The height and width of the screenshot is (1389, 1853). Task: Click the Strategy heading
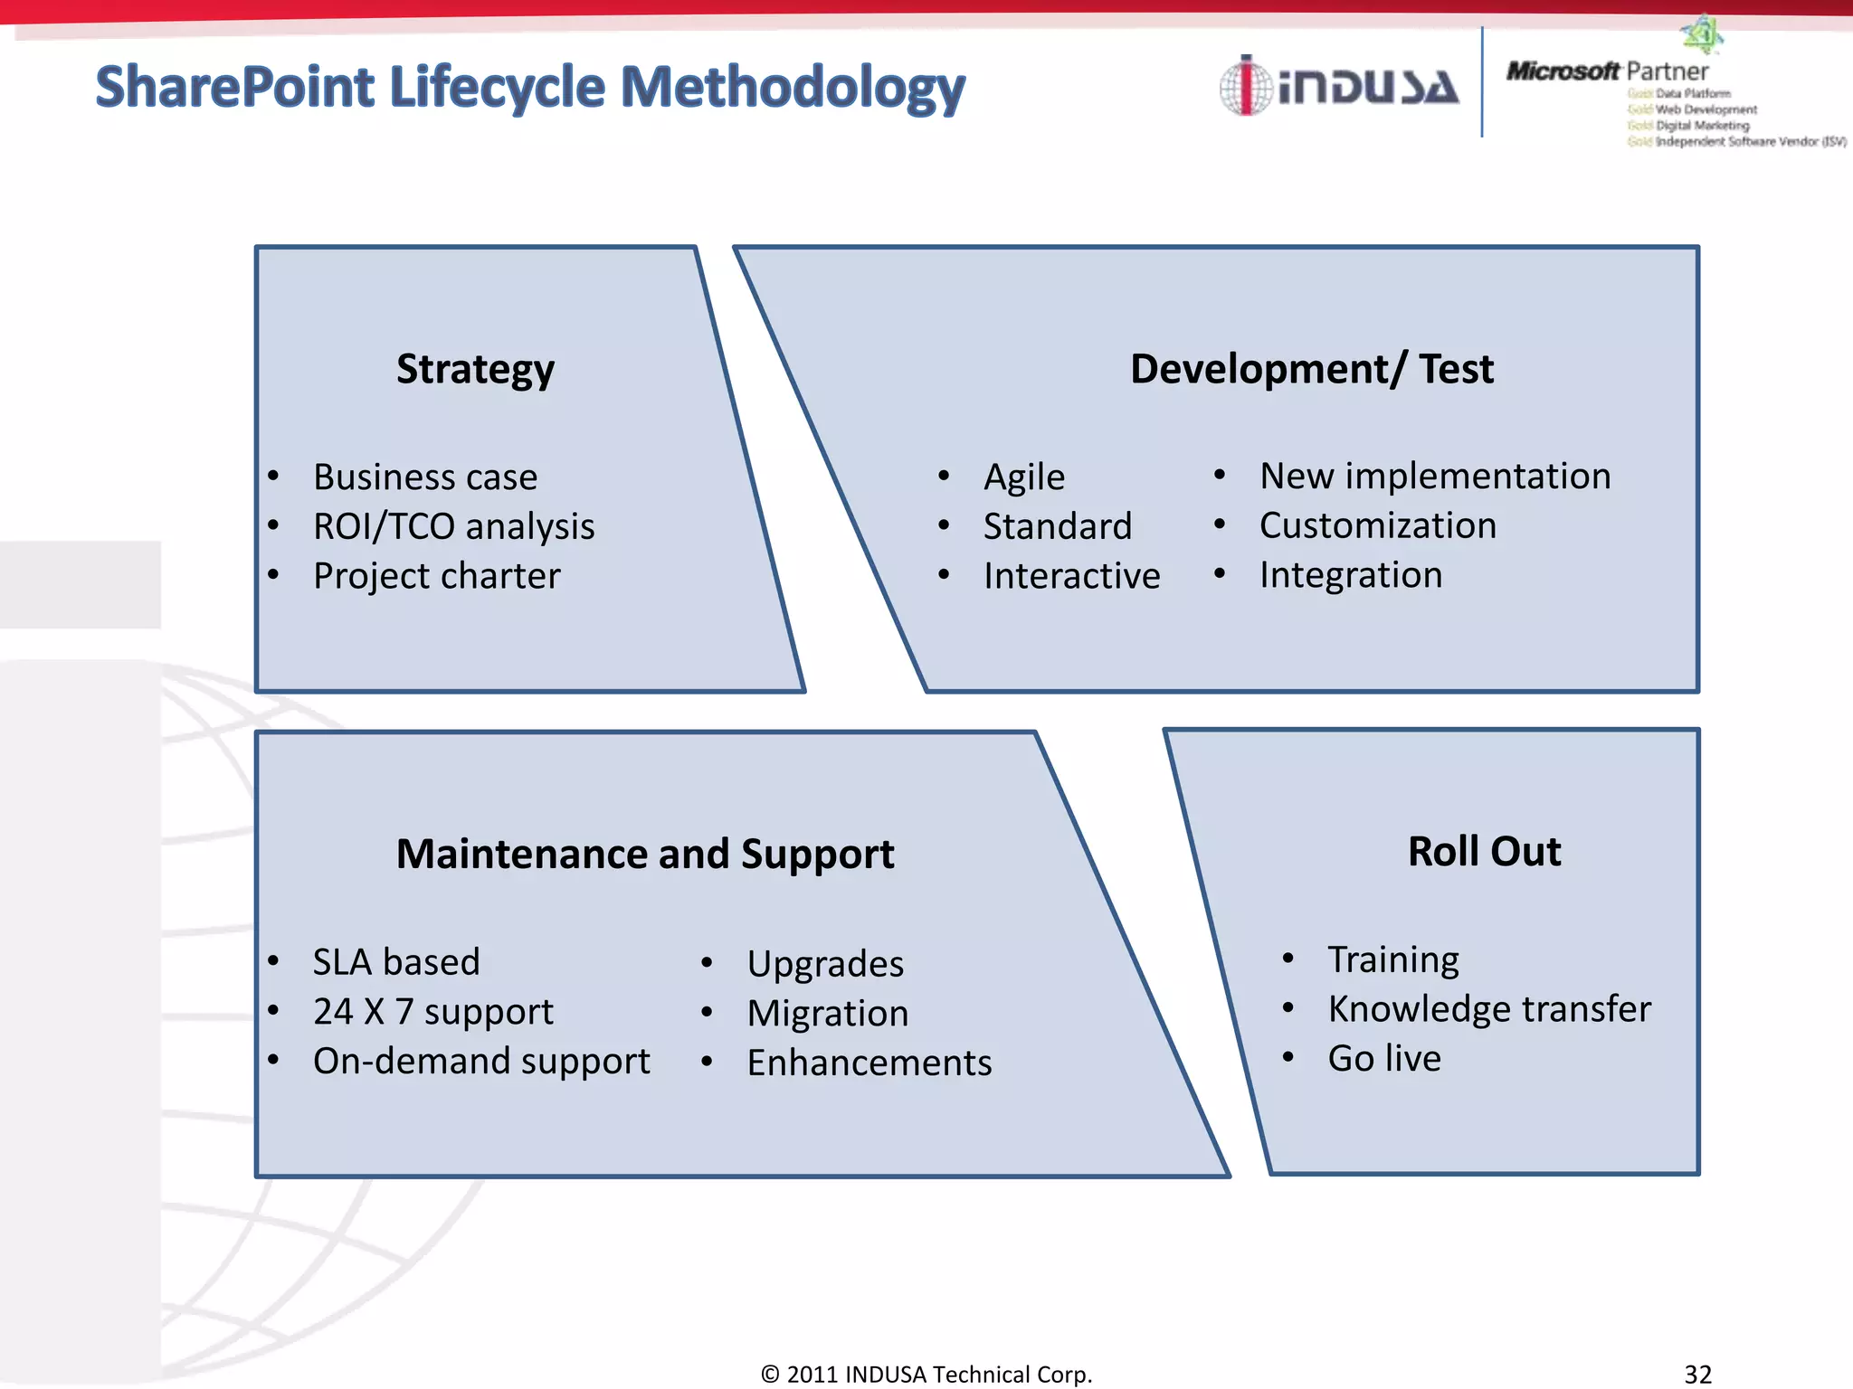475,369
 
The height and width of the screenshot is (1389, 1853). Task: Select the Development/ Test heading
1311,369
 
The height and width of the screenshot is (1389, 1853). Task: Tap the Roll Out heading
1484,851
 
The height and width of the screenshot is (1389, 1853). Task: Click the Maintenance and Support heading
645,854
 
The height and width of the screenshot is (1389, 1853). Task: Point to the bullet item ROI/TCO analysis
453,526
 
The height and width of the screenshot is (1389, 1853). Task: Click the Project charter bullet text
436,576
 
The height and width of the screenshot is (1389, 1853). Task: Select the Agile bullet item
1023,477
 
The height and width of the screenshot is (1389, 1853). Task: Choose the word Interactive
1071,576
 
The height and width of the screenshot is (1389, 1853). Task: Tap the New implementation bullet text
1434,476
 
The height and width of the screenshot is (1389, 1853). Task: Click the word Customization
1377,525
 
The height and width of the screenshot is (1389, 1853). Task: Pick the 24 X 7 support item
432,1011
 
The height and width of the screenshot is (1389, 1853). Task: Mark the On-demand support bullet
481,1061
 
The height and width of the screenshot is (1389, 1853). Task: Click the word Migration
827,1013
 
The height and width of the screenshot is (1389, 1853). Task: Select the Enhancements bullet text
869,1063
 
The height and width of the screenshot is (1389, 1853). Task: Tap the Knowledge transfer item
1488,1008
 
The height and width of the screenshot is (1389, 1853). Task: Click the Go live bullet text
1383,1058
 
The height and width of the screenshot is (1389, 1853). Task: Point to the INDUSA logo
1339,87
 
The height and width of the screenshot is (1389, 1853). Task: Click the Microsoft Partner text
1607,71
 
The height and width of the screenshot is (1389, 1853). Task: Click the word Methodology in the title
793,88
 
